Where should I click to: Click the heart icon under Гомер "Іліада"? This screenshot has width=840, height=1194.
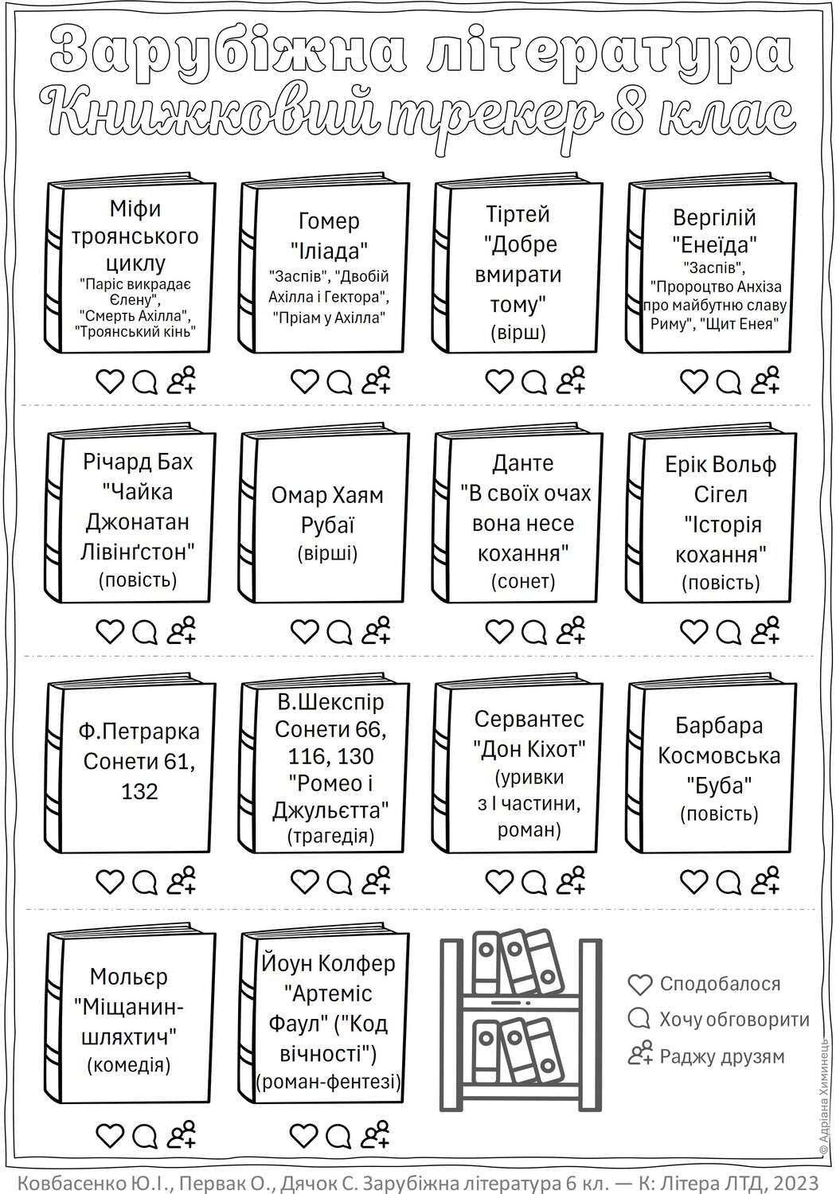(304, 381)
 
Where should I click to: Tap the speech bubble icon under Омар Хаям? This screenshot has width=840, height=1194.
(339, 632)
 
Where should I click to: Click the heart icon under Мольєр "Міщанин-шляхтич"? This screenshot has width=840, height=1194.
(110, 1135)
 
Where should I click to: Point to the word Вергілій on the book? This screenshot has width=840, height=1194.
(714, 217)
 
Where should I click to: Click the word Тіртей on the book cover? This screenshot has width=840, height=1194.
(518, 214)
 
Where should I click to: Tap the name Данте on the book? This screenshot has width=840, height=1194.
(522, 463)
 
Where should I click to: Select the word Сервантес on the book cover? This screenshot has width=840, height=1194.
(529, 719)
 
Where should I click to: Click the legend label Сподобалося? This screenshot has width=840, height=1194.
(720, 984)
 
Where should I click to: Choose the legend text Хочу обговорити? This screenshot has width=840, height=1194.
(734, 1020)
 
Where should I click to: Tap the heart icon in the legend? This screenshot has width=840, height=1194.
(640, 985)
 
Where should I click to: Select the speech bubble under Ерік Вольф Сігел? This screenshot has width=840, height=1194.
(729, 632)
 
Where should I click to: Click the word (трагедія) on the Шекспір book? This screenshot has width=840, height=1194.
(330, 836)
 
